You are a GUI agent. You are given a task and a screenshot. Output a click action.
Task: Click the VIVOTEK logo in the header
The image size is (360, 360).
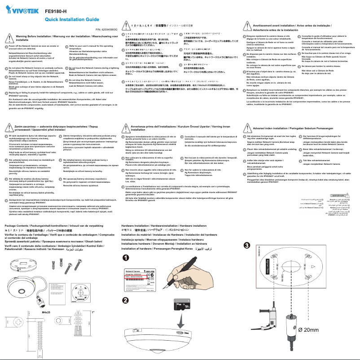(x=19, y=9)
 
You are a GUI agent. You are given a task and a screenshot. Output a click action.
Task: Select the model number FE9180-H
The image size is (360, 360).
(x=57, y=10)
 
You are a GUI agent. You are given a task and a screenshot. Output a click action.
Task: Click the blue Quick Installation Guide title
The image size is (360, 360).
(x=72, y=20)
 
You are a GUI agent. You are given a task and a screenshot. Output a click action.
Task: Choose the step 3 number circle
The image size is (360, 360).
(x=246, y=245)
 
